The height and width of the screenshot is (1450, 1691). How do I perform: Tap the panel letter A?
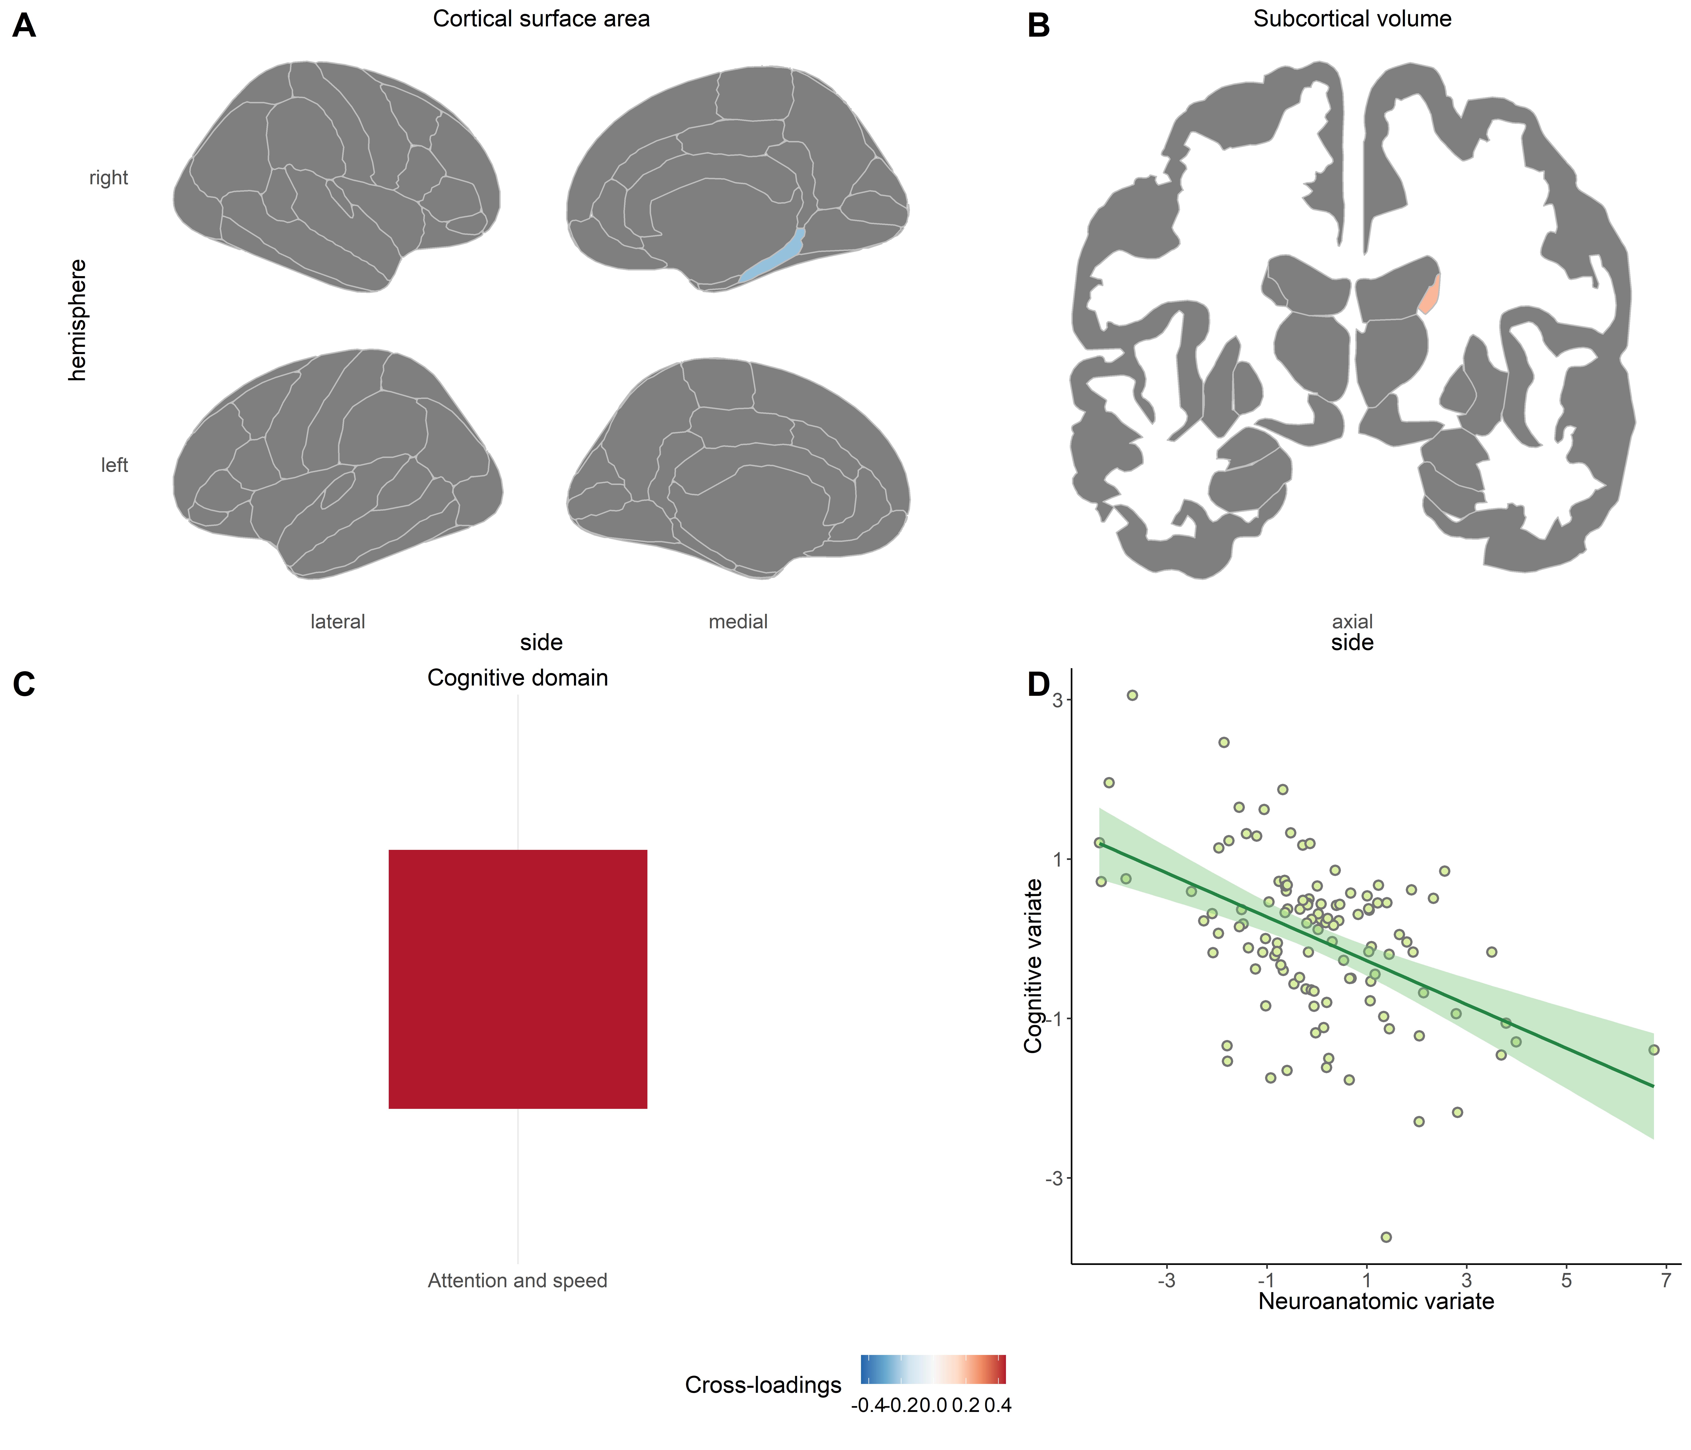25,26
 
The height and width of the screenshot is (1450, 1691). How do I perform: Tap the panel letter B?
1038,26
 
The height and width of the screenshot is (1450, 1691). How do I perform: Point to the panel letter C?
25,684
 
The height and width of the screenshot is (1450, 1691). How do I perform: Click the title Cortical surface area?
541,19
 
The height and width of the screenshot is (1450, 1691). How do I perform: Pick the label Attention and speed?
517,1280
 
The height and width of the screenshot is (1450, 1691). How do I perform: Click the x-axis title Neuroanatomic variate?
1376,1301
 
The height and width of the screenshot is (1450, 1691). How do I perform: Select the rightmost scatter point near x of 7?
1654,1050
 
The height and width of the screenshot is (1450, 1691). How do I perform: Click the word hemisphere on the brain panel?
78,320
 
